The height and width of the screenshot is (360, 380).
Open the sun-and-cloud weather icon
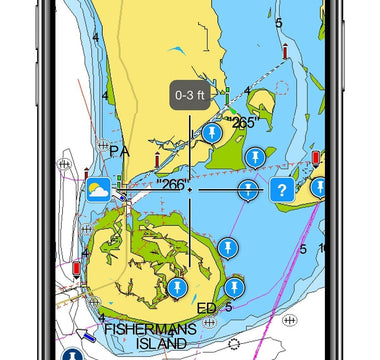point(98,190)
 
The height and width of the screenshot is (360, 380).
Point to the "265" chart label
point(242,123)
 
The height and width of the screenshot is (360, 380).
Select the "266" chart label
point(173,185)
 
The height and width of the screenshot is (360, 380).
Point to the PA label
point(120,153)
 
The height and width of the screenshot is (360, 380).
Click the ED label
point(207,307)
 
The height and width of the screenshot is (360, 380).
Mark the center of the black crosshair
point(189,189)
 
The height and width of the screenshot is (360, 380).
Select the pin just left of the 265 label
point(210,133)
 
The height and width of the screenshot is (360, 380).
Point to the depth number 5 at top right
point(279,22)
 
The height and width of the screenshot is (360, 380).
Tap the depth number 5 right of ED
point(229,307)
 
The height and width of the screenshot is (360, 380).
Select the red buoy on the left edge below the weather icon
point(77,268)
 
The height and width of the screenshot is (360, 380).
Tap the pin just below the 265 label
point(256,156)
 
